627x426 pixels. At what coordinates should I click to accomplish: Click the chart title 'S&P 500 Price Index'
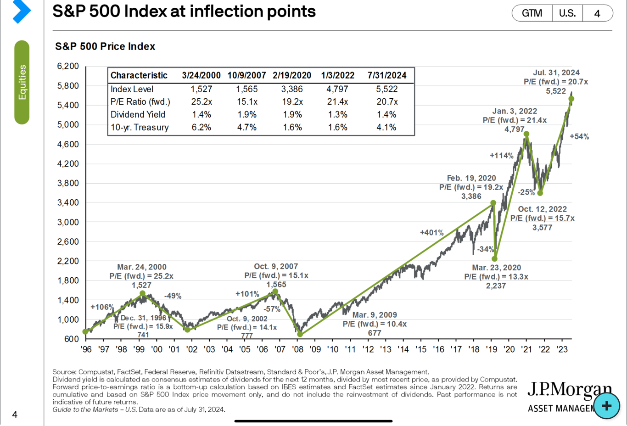[x=105, y=46]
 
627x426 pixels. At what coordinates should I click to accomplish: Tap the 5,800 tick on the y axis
[x=68, y=86]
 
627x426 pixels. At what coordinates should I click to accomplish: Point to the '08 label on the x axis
[x=297, y=349]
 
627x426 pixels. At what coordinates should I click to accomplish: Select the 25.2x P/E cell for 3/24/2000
[x=202, y=101]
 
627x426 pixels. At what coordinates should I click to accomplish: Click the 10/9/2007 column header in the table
[x=246, y=75]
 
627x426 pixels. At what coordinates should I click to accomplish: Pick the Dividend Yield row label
[x=138, y=114]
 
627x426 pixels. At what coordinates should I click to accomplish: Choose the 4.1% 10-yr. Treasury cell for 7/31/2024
[x=386, y=127]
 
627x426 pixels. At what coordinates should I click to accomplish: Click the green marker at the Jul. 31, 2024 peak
[x=571, y=99]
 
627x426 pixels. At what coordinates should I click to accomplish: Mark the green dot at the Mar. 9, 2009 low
[x=300, y=334]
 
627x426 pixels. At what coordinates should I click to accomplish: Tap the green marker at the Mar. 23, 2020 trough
[x=495, y=259]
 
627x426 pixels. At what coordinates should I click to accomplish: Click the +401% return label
[x=431, y=233]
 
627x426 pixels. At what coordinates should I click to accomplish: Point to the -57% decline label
[x=272, y=309]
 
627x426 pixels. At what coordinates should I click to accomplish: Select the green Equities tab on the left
[x=22, y=82]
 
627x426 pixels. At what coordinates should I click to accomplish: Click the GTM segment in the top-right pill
[x=532, y=13]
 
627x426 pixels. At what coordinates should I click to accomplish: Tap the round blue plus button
[x=606, y=406]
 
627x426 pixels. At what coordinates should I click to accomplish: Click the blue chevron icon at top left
[x=22, y=11]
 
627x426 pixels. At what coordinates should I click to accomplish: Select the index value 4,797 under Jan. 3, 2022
[x=515, y=129]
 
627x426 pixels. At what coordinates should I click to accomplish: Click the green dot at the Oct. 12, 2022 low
[x=540, y=193]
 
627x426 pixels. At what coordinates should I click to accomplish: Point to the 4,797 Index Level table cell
[x=337, y=89]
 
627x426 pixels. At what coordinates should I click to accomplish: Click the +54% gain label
[x=579, y=137]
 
